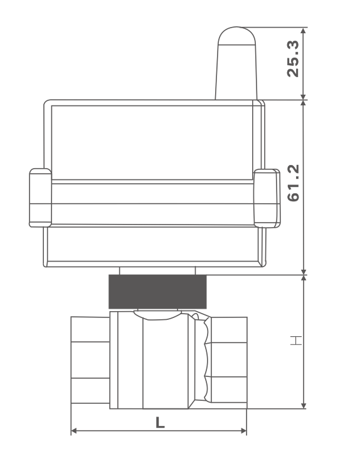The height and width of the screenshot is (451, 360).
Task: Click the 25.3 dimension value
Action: point(293,59)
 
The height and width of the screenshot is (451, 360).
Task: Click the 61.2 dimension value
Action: point(293,183)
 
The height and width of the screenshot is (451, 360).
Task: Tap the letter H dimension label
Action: point(295,340)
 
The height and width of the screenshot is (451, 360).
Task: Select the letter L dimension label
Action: point(160,423)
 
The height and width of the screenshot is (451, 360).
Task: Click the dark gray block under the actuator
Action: point(157,292)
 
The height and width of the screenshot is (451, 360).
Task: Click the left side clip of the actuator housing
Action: point(41,198)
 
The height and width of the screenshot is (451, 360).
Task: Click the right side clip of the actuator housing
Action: point(267,198)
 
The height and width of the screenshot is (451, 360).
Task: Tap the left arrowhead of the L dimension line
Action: point(74,430)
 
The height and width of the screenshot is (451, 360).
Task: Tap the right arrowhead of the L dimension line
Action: point(243,430)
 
